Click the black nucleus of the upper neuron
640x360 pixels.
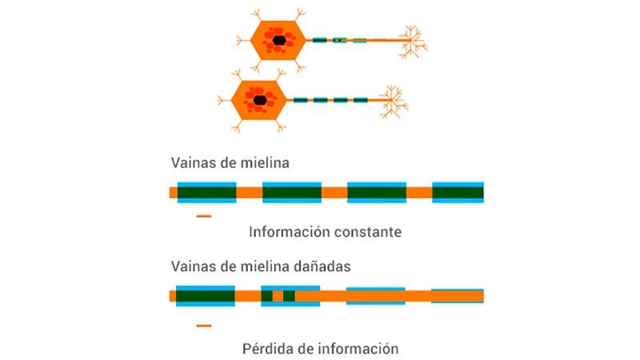click(x=278, y=40)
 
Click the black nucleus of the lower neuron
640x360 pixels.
click(x=260, y=100)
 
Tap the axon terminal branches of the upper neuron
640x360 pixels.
click(x=412, y=42)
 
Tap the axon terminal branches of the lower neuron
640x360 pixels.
click(x=393, y=102)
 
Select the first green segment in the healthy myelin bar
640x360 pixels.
click(x=206, y=192)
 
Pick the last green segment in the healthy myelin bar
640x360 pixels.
click(x=458, y=192)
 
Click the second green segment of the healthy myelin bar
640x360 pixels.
click(x=292, y=192)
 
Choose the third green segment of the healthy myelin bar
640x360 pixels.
click(x=377, y=192)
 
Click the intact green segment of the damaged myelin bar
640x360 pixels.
click(x=206, y=296)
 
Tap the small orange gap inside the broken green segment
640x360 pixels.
click(x=278, y=296)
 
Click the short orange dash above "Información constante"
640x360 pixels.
click(x=204, y=216)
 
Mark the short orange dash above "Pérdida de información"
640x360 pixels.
click(x=204, y=326)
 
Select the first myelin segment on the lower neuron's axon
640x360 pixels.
click(x=300, y=100)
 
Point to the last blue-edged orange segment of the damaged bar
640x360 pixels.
click(x=458, y=296)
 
